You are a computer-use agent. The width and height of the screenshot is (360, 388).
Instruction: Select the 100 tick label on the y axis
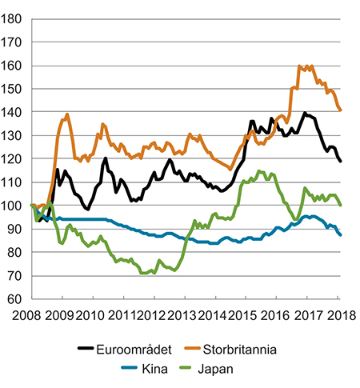pyautogui.click(x=14, y=206)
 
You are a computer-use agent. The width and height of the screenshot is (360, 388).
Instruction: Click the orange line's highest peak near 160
pyautogui.click(x=300, y=66)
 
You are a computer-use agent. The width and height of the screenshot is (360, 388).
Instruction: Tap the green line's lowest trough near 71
pyautogui.click(x=144, y=274)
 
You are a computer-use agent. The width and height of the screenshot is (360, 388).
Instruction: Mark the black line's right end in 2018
pyautogui.click(x=341, y=162)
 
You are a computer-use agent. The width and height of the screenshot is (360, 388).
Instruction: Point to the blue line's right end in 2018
pyautogui.click(x=341, y=234)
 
